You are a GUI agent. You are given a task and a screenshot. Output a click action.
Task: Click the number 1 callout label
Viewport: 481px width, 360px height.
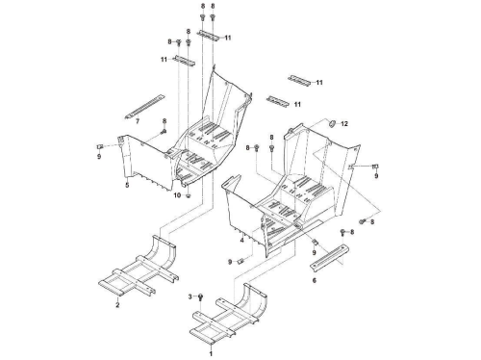pos(211,353)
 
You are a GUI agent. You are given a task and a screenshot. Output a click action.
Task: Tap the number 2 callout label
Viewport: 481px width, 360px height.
pos(117,305)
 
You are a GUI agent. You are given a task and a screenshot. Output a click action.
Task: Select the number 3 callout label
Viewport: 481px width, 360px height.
pos(190,296)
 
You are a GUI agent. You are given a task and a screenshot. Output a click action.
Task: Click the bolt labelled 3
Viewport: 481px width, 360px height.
pos(200,296)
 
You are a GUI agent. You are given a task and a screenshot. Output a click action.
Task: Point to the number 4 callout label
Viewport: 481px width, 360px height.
pos(241,240)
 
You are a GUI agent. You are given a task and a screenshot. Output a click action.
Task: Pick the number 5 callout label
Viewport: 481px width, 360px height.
pos(127,185)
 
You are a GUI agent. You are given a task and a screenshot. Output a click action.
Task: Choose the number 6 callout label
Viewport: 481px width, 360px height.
pos(314,280)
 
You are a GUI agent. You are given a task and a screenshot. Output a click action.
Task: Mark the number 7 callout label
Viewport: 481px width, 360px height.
pos(138,121)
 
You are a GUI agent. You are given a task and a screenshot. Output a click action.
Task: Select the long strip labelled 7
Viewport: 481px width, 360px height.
pos(145,106)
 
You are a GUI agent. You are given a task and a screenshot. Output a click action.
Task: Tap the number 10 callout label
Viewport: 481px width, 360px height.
pos(177,195)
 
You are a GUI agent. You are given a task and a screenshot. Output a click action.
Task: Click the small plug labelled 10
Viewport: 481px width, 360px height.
pos(189,195)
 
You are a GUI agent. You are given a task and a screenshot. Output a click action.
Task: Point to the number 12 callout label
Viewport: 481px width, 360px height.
pos(344,124)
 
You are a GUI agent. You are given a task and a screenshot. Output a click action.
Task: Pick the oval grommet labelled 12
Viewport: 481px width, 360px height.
pos(332,123)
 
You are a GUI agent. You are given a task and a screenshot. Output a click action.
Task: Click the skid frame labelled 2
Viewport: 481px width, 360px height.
pos(138,266)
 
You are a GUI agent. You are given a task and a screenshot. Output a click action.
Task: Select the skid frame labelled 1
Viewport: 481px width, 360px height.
pos(228,314)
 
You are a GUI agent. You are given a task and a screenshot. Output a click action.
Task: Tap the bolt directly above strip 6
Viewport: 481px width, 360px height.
pos(342,232)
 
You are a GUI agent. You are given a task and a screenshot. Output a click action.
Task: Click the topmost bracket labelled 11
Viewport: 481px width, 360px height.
pos(209,35)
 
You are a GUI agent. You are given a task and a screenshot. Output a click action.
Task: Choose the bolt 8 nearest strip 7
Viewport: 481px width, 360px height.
pos(164,131)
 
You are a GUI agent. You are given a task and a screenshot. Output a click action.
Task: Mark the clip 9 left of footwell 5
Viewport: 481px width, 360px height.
pos(99,146)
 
